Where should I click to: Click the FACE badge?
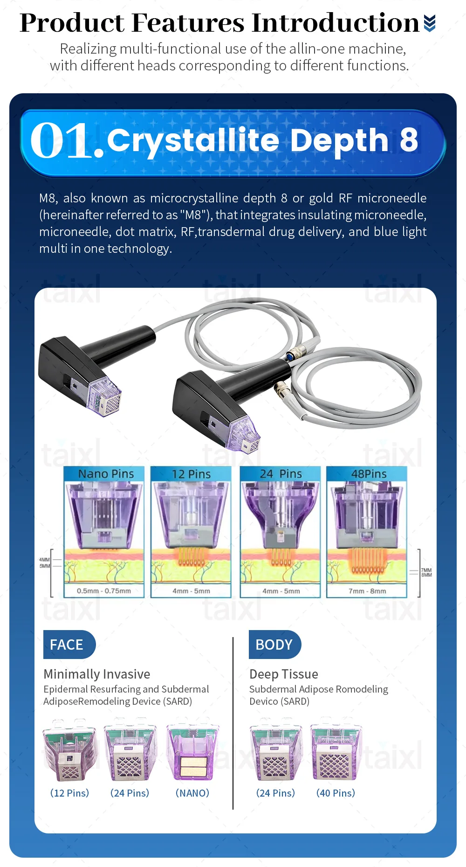coord(69,644)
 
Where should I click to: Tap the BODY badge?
coord(274,644)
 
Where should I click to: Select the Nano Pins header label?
coord(106,474)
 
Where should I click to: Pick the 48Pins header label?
coord(369,474)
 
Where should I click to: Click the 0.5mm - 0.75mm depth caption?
coord(104,591)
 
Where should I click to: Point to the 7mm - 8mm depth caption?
coord(367,591)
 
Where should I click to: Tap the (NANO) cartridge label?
coord(192,793)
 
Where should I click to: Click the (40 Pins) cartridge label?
coord(336,793)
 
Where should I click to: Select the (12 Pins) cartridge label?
coord(69,793)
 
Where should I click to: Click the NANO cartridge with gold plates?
coord(192,752)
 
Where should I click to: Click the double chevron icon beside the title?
coord(430,23)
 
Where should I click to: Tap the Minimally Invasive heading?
coord(97,674)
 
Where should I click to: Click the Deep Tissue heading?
coord(284,674)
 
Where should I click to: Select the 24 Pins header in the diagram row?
coord(281,474)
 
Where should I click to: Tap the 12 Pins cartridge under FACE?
coord(69,751)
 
